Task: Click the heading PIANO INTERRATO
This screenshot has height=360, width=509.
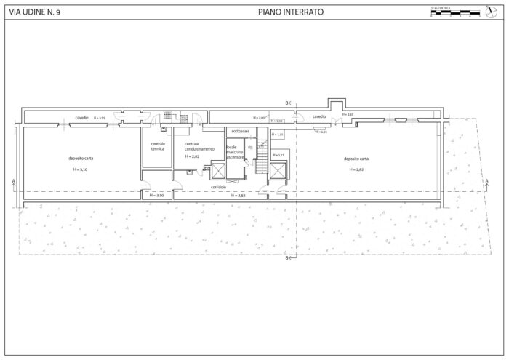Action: (x=291, y=12)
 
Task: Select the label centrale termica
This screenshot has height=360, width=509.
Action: (x=158, y=146)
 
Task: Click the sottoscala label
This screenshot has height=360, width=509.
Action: (x=241, y=131)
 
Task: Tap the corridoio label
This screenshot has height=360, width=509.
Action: (x=218, y=187)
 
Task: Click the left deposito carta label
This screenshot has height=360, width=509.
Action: (x=81, y=158)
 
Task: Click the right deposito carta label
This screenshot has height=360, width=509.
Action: (x=356, y=158)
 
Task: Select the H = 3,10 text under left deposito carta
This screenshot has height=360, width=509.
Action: (x=81, y=169)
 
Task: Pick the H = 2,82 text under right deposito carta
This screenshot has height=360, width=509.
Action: (x=356, y=169)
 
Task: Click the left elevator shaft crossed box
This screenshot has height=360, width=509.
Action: (x=218, y=172)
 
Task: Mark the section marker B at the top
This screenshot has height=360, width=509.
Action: (x=287, y=103)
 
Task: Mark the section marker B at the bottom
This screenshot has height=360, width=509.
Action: (x=287, y=257)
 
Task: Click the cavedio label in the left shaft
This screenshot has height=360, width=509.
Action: (x=81, y=118)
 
